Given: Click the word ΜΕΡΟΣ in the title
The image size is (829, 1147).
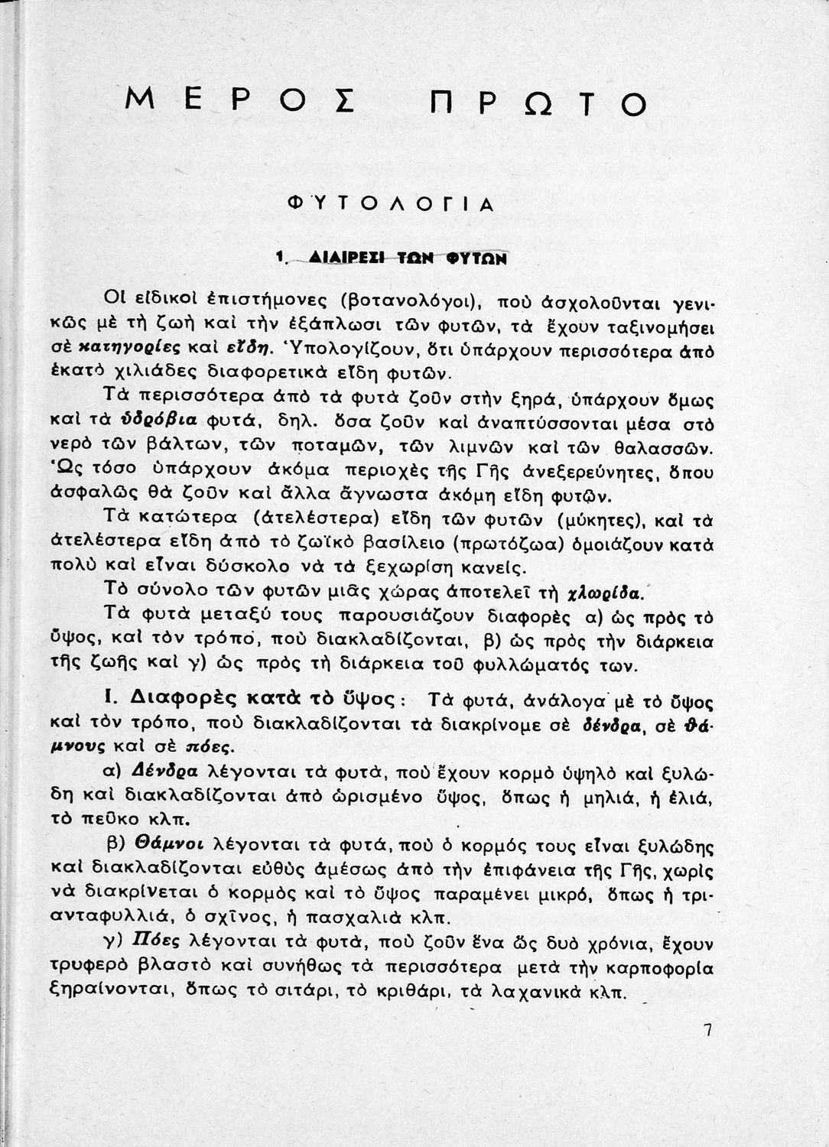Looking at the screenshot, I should coord(229,100).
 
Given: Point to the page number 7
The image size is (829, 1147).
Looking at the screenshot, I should coord(707,1030).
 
